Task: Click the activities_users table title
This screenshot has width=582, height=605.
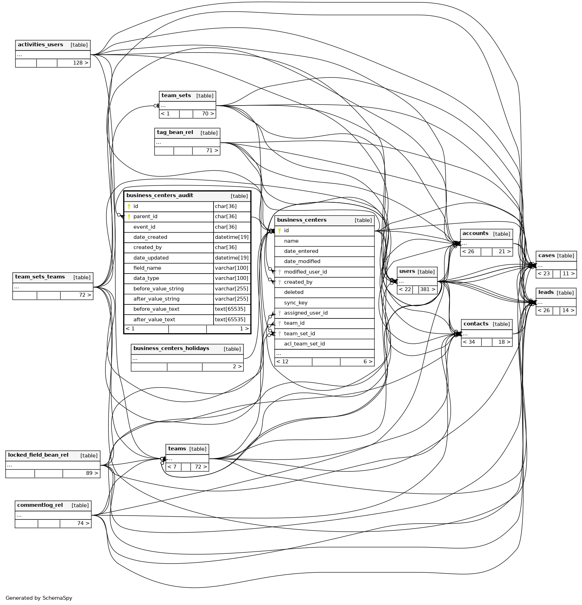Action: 40,45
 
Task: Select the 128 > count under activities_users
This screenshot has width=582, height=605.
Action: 80,63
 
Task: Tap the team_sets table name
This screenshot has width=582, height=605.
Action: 176,96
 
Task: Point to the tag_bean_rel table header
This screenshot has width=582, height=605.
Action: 175,133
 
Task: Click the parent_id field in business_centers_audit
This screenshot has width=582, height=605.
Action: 145,217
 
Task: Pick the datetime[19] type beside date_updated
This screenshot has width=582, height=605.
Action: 231,258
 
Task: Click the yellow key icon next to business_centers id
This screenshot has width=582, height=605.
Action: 280,231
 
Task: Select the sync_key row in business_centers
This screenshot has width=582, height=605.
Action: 295,303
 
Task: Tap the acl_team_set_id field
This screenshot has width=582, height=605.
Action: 304,344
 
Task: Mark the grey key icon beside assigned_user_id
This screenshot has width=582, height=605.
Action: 280,313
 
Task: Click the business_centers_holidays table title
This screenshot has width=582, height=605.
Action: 171,349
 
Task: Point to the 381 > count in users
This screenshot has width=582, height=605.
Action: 427,290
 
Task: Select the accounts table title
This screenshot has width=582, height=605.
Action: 475,234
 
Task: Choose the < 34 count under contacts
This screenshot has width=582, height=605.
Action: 469,342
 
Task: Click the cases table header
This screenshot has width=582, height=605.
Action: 546,256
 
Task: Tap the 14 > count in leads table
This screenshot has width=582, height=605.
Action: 568,311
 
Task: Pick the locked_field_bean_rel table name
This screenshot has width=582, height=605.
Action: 38,455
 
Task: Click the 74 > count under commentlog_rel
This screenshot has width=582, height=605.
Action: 83,524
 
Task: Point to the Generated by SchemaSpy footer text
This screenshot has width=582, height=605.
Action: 39,598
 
